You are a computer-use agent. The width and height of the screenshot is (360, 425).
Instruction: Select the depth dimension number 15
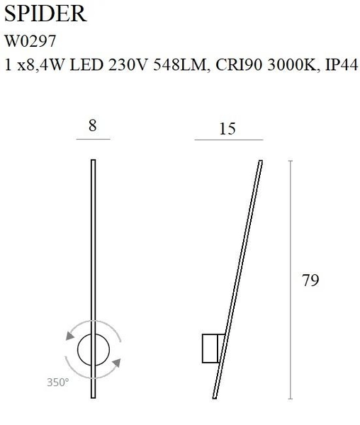pos(227,129)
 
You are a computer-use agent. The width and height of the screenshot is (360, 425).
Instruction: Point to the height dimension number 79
pos(310,280)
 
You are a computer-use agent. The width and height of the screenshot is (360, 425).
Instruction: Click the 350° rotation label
pos(58,382)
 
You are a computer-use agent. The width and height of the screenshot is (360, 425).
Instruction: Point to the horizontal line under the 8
pos(92,140)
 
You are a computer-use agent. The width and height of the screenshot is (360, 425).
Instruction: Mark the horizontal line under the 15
pos(228,141)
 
